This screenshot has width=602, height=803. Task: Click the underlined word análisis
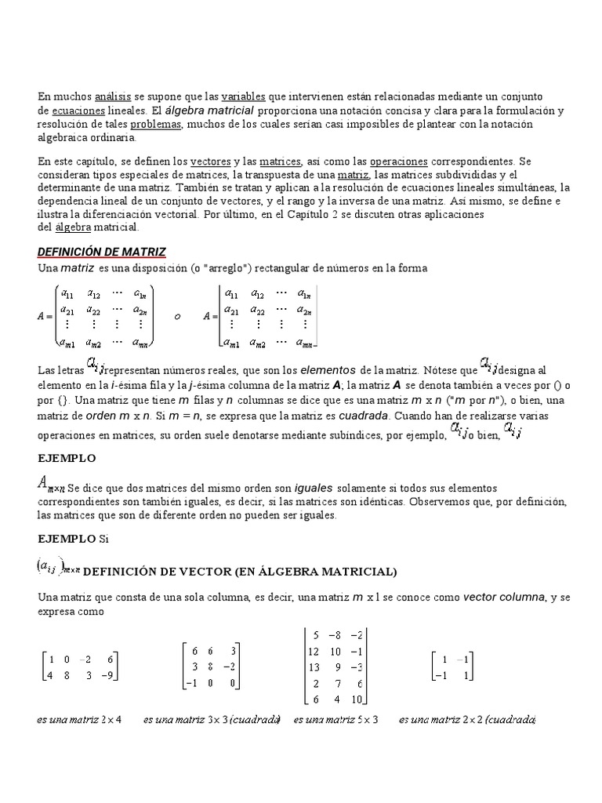click(x=111, y=96)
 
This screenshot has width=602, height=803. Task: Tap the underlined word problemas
click(x=156, y=124)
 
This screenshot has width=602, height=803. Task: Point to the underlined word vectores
click(x=210, y=161)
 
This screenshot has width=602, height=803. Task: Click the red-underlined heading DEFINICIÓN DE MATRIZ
click(x=102, y=251)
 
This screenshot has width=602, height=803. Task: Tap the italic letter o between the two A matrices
click(x=177, y=316)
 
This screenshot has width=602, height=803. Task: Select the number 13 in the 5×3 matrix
click(x=314, y=667)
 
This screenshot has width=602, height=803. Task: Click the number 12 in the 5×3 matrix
click(x=314, y=651)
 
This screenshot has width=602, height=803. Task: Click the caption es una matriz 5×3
click(x=335, y=719)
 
